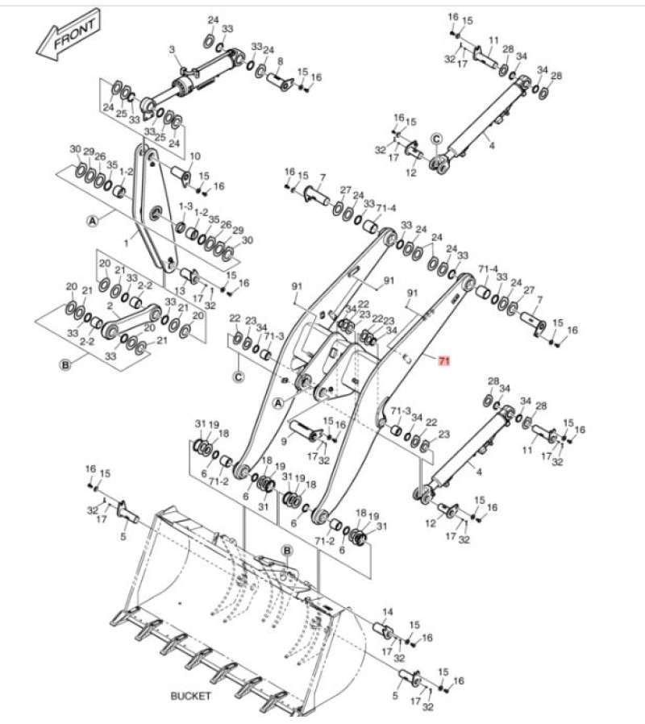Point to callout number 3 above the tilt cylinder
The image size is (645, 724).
172,50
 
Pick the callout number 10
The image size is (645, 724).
194,156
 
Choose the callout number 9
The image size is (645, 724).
284,441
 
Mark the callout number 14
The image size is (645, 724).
387,612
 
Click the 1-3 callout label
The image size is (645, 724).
186,207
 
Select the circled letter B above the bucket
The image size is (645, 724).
286,549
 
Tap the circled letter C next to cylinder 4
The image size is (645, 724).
436,139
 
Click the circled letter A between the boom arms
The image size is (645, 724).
279,402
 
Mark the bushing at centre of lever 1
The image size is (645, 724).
155,213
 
